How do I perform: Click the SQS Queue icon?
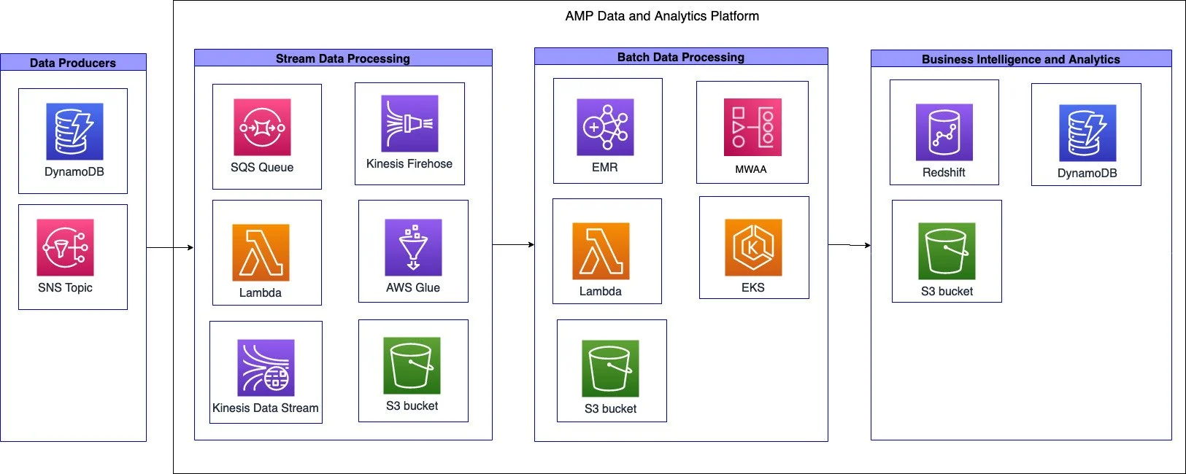click(262, 128)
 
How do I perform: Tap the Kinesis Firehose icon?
click(409, 123)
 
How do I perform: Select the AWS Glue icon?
click(413, 247)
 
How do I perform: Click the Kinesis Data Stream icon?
click(266, 368)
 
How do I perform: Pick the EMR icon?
click(605, 127)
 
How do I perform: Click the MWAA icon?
click(752, 127)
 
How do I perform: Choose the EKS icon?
click(753, 247)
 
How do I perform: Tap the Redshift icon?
click(944, 132)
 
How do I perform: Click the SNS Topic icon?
click(65, 247)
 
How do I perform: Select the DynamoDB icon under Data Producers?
click(74, 131)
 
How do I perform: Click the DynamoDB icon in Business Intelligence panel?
click(1087, 133)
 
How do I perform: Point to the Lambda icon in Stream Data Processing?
click(261, 252)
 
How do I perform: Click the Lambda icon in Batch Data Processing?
click(601, 252)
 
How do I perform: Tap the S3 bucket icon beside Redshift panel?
click(947, 251)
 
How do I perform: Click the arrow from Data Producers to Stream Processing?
click(170, 248)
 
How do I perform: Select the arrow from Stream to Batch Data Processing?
click(513, 245)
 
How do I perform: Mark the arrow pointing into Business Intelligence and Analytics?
click(850, 245)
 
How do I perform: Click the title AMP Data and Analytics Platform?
click(662, 16)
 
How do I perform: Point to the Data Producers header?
click(73, 63)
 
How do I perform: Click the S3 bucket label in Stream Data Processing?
click(412, 406)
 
